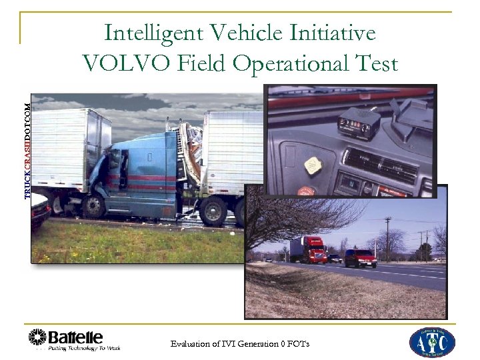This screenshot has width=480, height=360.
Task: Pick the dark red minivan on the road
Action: click(360, 257)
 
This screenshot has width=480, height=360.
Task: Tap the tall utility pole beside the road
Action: click(387, 237)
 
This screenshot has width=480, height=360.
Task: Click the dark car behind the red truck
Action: click(334, 257)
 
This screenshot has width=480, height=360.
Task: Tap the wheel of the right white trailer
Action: click(214, 212)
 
